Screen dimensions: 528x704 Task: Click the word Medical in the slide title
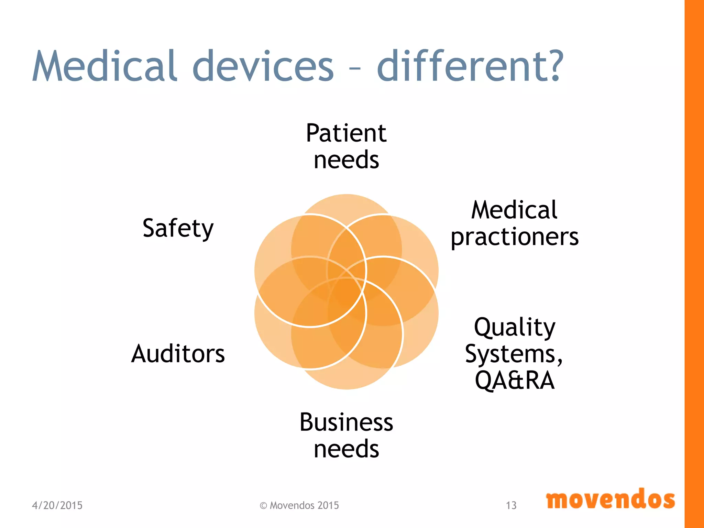click(104, 66)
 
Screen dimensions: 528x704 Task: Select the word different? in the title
click(470, 66)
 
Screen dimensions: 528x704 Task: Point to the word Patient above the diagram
click(346, 133)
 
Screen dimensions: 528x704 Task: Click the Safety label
click(178, 228)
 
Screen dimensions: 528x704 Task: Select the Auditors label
click(178, 354)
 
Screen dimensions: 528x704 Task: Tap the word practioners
click(515, 237)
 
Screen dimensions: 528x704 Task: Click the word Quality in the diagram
click(515, 327)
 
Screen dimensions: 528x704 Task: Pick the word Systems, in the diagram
click(514, 354)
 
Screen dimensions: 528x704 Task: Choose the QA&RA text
click(515, 380)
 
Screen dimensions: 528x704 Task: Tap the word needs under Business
click(346, 449)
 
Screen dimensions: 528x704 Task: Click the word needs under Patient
click(346, 160)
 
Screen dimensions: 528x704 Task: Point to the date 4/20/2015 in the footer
click(57, 505)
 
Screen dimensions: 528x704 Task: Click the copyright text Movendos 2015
click(299, 505)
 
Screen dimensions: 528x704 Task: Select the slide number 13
click(511, 505)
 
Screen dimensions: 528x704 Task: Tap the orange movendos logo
click(610, 499)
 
